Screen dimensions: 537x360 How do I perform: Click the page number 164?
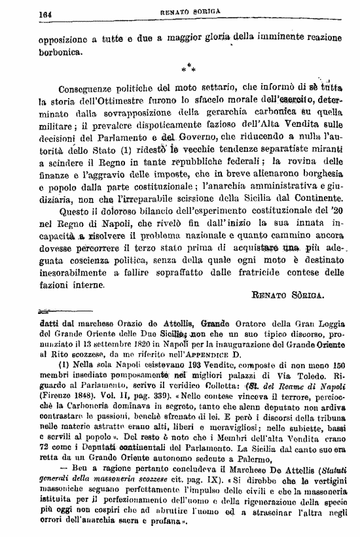tap(46, 12)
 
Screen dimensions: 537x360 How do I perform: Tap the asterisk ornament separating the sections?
tap(189, 67)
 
